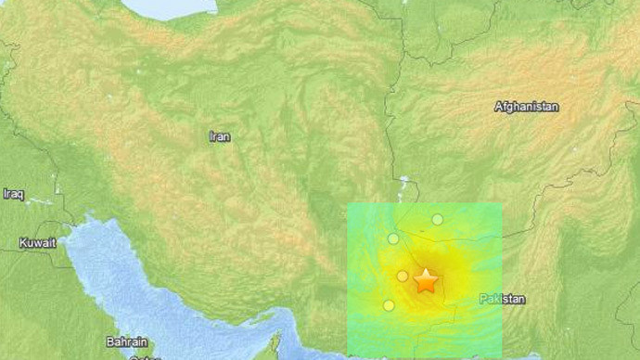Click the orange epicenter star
[x=426, y=281]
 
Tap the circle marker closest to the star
[x=403, y=276]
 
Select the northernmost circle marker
[x=437, y=219]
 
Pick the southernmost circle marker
[x=389, y=305]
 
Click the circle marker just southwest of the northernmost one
[x=393, y=238]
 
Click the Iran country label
[x=220, y=136]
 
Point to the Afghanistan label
[x=527, y=107]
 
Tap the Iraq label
[x=13, y=194]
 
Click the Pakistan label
[x=503, y=299]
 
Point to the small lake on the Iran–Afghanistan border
[x=404, y=182]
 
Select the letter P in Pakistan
[x=483, y=299]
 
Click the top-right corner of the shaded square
[x=502, y=203]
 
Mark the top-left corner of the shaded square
[x=348, y=203]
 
